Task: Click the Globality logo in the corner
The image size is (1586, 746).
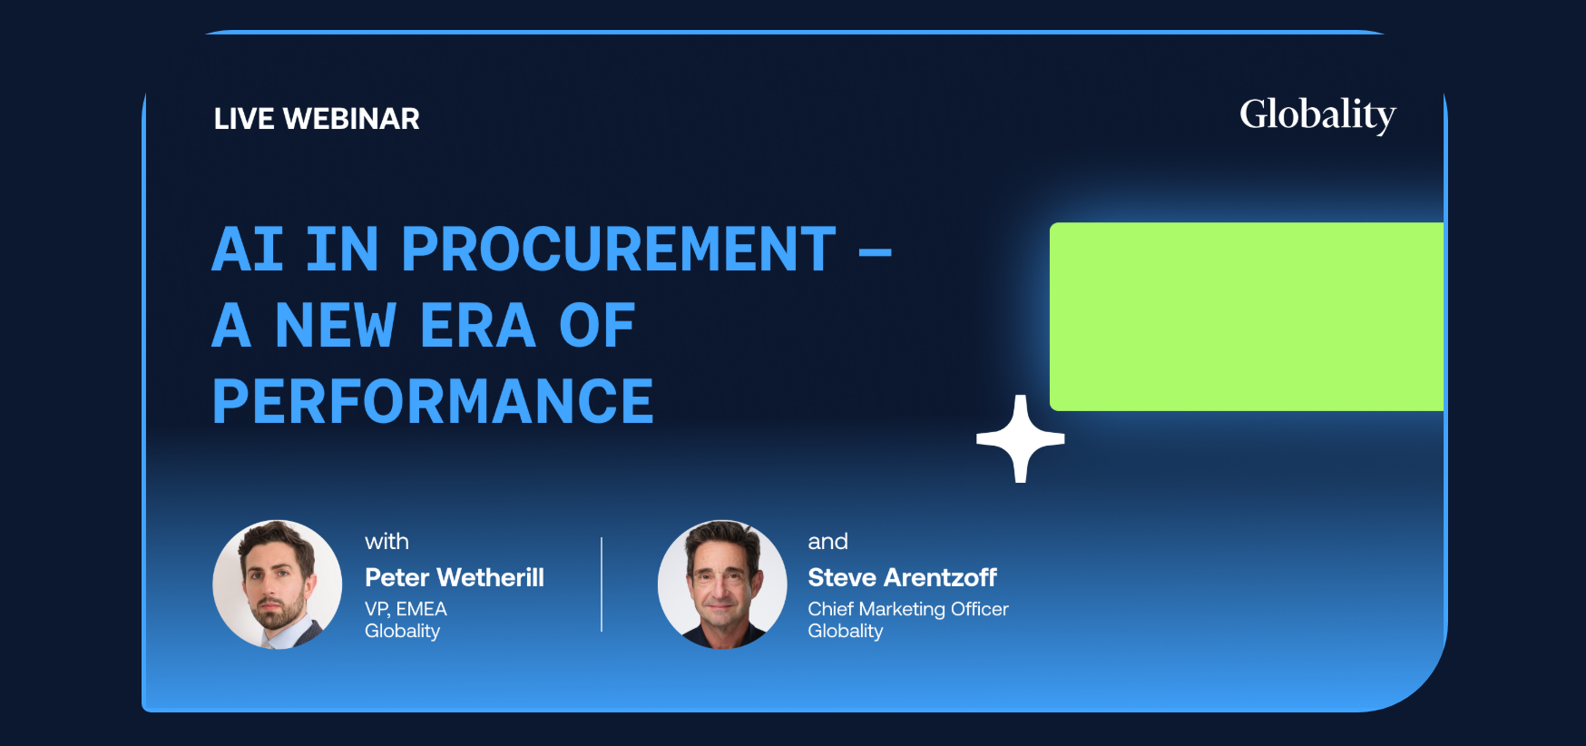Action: click(x=1317, y=115)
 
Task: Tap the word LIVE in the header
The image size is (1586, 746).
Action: click(x=244, y=119)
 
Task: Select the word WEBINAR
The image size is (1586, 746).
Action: click(x=351, y=119)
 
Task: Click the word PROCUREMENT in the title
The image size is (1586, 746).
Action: click(x=618, y=249)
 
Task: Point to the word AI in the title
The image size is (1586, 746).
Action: click(x=248, y=249)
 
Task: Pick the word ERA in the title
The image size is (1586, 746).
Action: click(x=477, y=325)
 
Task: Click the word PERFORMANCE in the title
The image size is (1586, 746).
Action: click(x=433, y=401)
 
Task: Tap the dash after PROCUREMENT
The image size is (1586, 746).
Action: click(x=875, y=252)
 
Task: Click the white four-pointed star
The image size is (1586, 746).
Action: click(x=1021, y=439)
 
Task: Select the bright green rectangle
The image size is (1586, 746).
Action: click(x=1247, y=317)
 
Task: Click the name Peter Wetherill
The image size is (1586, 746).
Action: click(x=455, y=577)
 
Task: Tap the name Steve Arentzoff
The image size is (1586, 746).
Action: click(x=903, y=577)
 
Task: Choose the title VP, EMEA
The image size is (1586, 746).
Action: click(x=406, y=609)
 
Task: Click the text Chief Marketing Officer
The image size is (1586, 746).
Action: click(x=908, y=609)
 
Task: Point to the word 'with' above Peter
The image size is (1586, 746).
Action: click(x=387, y=542)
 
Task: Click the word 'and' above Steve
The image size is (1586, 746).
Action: click(x=827, y=542)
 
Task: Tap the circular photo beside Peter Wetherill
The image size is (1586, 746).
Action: click(x=278, y=584)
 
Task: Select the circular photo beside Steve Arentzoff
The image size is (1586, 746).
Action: click(x=722, y=584)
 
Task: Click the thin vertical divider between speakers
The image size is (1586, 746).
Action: click(x=602, y=584)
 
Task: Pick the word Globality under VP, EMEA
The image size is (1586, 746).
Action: click(x=402, y=632)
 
